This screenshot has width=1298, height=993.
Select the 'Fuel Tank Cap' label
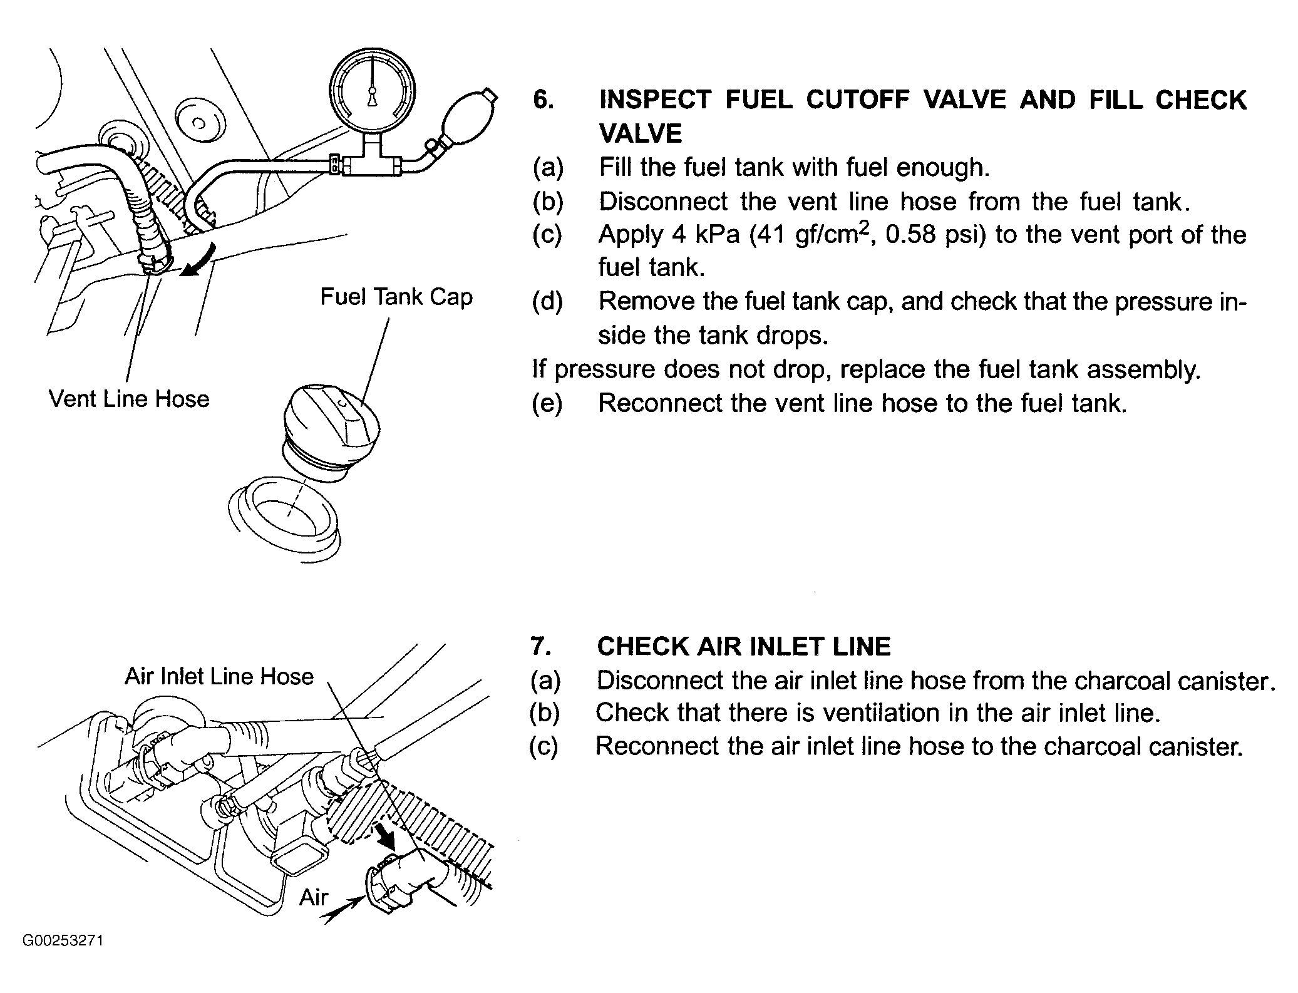(396, 297)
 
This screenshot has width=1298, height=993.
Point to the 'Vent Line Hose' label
(129, 399)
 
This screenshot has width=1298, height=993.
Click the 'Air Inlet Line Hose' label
(219, 677)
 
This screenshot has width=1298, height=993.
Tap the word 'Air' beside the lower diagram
(314, 897)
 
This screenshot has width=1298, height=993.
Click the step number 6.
(543, 100)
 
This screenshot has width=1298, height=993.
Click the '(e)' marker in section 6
(547, 403)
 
